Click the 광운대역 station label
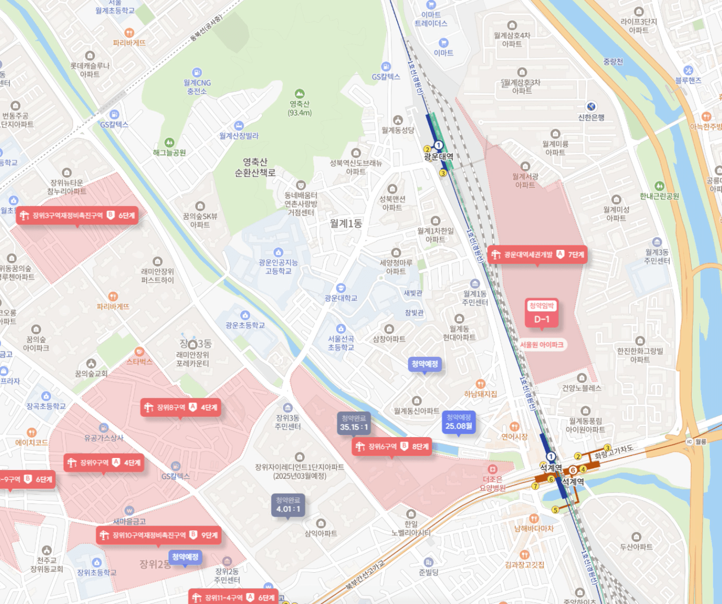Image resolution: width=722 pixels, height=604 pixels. pyautogui.click(x=438, y=156)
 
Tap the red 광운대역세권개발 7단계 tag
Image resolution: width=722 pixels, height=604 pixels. pyautogui.click(x=538, y=254)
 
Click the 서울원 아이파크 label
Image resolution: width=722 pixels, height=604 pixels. pyautogui.click(x=542, y=345)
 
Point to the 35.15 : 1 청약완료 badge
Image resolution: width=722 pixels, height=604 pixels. pyautogui.click(x=354, y=423)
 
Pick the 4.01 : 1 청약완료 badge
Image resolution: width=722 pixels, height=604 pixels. pyautogui.click(x=288, y=505)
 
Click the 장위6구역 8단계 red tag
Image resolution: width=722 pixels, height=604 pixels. pyautogui.click(x=392, y=446)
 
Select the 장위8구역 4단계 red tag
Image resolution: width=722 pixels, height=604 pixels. pyautogui.click(x=181, y=407)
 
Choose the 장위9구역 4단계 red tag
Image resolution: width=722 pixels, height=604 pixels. pyautogui.click(x=104, y=462)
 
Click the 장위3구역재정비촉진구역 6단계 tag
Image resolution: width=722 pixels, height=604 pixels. pyautogui.click(x=76, y=215)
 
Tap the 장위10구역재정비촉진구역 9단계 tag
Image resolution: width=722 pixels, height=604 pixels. pyautogui.click(x=158, y=535)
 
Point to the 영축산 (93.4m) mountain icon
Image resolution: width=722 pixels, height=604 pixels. pyautogui.click(x=299, y=94)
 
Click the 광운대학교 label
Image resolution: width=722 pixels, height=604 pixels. pyautogui.click(x=341, y=298)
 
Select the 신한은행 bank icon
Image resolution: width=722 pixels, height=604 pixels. pyautogui.click(x=591, y=107)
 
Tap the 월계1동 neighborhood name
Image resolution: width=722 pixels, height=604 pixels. pyautogui.click(x=346, y=223)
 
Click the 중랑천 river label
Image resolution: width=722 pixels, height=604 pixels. pyautogui.click(x=613, y=61)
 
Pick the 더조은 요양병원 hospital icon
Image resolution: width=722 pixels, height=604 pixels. pyautogui.click(x=492, y=469)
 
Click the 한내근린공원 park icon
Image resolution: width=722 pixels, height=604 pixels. pyautogui.click(x=659, y=186)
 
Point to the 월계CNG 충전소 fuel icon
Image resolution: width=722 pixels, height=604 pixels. pyautogui.click(x=197, y=72)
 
